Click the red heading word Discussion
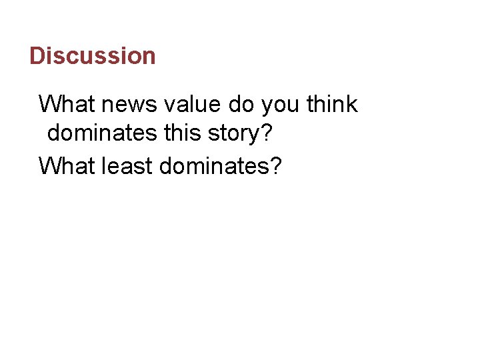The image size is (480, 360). click(x=93, y=55)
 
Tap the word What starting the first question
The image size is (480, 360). click(x=67, y=105)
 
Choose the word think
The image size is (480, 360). click(x=333, y=105)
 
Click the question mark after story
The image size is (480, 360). click(x=267, y=134)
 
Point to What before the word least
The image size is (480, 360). click(x=67, y=165)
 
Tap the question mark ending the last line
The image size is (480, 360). click(x=275, y=165)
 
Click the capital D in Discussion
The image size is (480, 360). click(x=37, y=55)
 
